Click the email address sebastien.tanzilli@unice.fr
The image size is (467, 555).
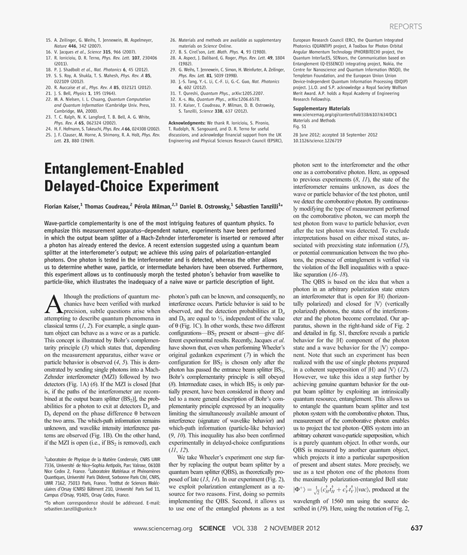pyautogui.click(x=70, y=509)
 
